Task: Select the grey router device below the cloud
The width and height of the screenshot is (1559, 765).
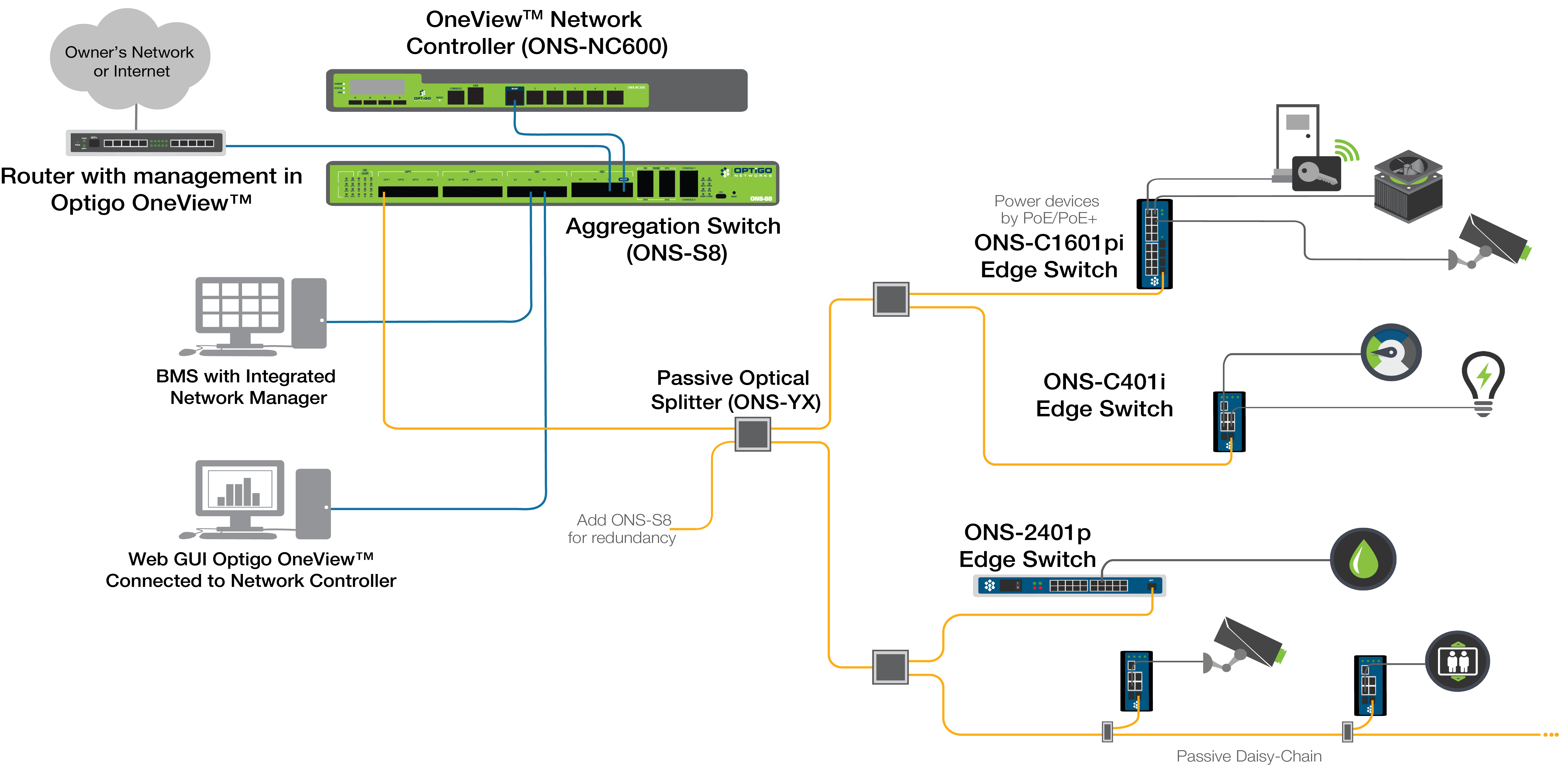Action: click(x=145, y=143)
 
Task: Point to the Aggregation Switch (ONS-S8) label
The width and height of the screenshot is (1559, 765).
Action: click(x=673, y=239)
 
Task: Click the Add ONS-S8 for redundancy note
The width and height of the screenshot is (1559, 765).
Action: click(x=622, y=528)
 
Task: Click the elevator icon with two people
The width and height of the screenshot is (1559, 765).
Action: click(x=1457, y=661)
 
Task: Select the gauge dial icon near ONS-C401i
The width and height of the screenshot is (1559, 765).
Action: click(x=1391, y=352)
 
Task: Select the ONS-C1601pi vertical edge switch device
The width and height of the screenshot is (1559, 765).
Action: click(x=1154, y=244)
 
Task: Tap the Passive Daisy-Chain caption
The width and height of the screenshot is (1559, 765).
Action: click(x=1248, y=756)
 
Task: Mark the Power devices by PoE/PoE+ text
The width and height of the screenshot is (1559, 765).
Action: click(x=1046, y=209)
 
